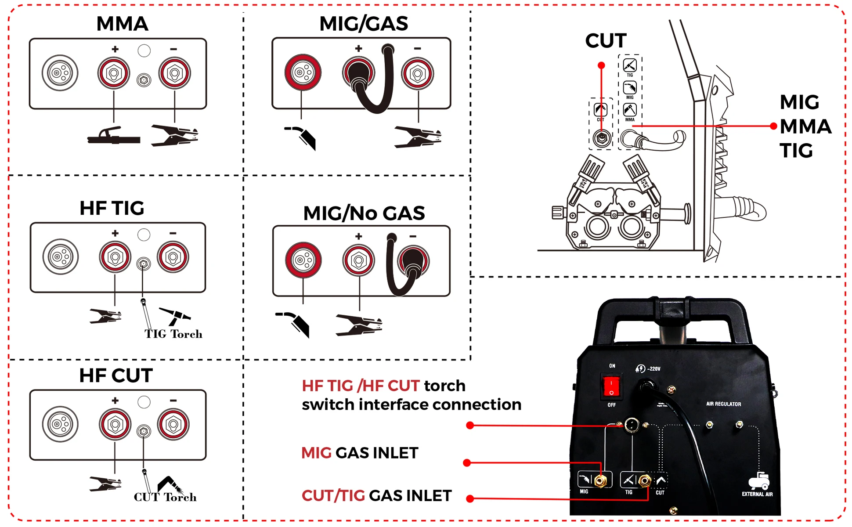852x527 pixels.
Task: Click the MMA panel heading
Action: [122, 24]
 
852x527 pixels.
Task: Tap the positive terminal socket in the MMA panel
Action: [114, 73]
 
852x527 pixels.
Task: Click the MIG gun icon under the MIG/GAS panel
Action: [302, 137]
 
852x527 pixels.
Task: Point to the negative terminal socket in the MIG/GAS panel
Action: [418, 73]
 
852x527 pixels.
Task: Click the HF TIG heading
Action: [112, 208]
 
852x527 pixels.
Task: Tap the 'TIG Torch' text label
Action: [173, 334]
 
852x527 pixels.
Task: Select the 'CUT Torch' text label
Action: [165, 497]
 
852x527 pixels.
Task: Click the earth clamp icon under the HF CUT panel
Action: [105, 484]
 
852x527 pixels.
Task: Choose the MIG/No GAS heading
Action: [364, 213]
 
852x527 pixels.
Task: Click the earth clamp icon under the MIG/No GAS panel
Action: [359, 325]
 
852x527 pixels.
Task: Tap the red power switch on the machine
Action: [611, 386]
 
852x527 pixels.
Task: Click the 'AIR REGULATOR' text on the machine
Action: [723, 404]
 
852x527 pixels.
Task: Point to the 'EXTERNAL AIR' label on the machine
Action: [757, 494]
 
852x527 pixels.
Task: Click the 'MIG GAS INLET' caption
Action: [360, 453]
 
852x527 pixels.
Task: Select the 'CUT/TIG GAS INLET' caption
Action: [376, 496]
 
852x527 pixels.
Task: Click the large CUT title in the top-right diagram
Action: [606, 41]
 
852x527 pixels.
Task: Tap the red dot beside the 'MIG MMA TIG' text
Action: [773, 126]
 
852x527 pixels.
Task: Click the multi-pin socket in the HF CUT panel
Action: [60, 424]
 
